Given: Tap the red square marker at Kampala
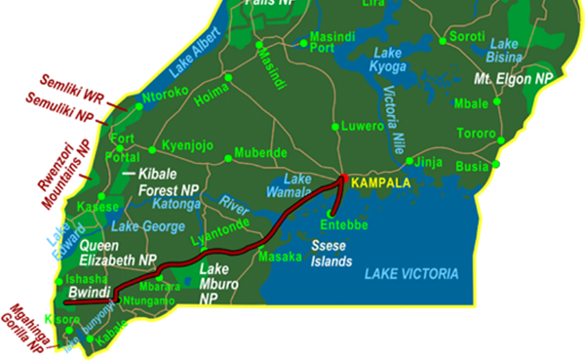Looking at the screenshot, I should coord(343,178).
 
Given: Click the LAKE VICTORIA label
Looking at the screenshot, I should coord(410,275).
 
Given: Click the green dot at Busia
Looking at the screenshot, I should coord(497,163).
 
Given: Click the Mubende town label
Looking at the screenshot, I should coord(254,152).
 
